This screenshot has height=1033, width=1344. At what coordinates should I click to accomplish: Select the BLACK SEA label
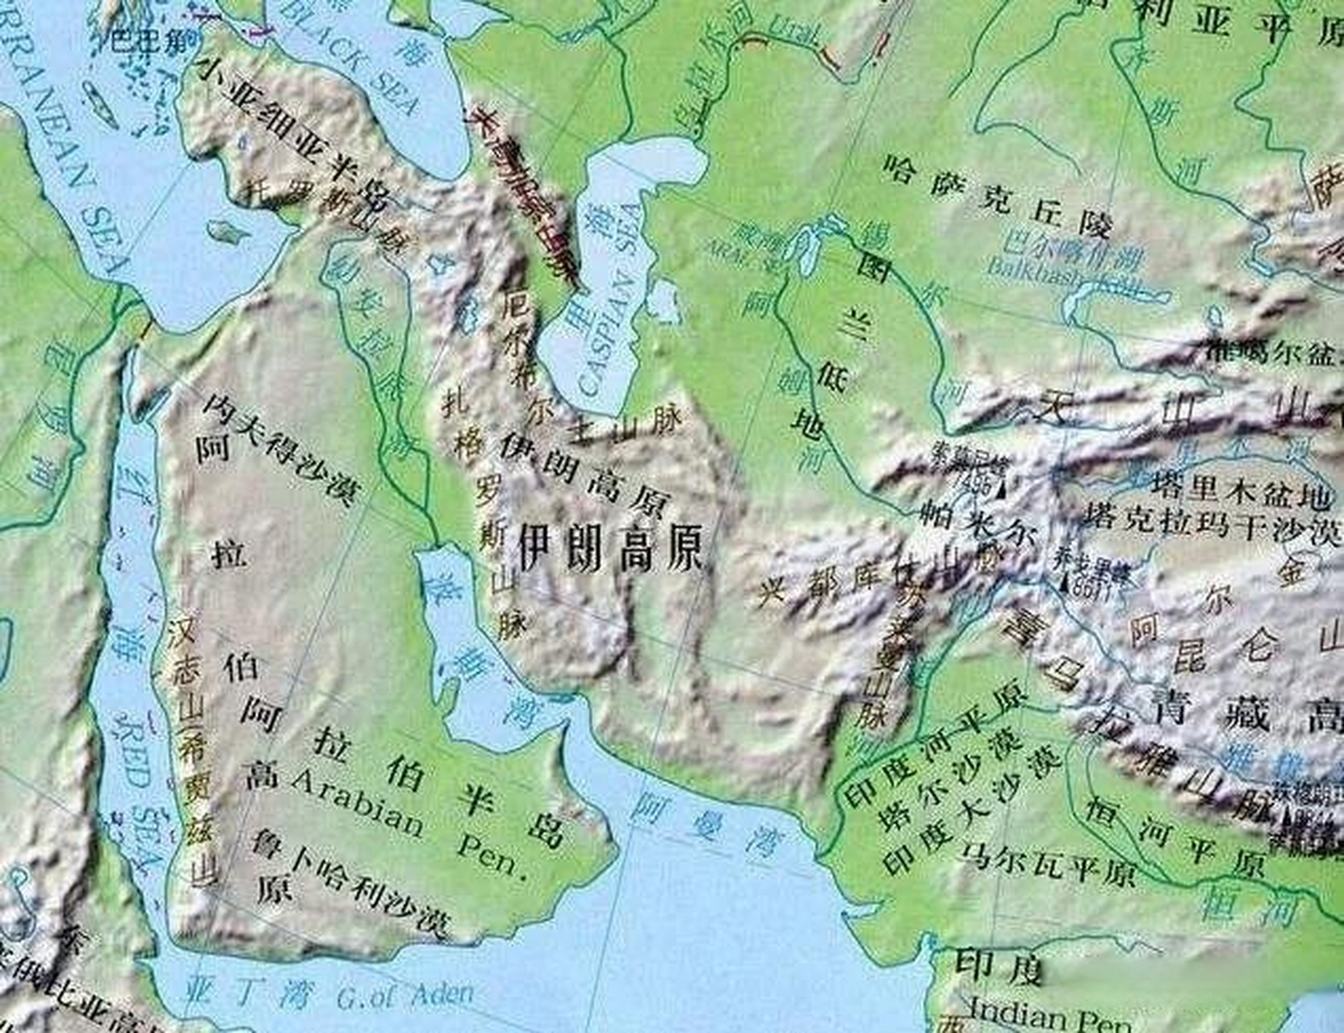tap(355, 56)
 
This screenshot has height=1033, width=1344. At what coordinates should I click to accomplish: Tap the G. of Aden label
tap(404, 996)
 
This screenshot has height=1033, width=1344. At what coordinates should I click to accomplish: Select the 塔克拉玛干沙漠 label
tap(1211, 525)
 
